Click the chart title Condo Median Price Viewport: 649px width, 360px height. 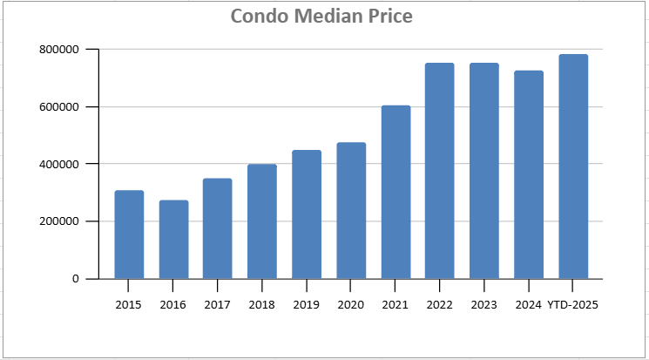coord(321,17)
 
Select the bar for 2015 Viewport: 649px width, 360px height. coord(129,234)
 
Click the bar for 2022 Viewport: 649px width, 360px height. coord(440,171)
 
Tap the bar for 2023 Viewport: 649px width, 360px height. coord(484,171)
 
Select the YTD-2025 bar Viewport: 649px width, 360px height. coord(573,166)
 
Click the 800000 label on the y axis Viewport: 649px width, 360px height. coord(59,50)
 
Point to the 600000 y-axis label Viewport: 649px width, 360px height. coord(59,107)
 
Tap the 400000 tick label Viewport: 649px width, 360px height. coord(59,164)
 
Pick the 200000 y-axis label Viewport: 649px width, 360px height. coord(59,221)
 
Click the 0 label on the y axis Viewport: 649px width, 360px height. coord(76,279)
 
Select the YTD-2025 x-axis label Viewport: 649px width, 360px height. coord(573,305)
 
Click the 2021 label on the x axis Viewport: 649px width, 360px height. coord(395,305)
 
